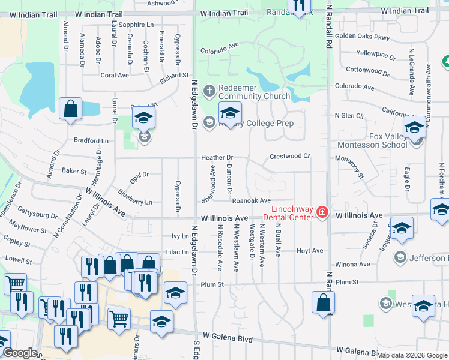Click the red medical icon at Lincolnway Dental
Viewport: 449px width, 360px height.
pos(322,212)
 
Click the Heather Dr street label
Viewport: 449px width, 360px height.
pos(217,157)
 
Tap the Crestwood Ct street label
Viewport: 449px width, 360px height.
pos(289,156)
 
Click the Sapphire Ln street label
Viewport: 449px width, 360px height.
pos(136,25)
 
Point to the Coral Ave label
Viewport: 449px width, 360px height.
pos(115,75)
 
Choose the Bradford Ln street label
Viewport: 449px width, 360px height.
pos(91,140)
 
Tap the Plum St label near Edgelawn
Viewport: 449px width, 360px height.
pos(212,284)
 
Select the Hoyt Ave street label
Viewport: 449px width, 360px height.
pos(310,251)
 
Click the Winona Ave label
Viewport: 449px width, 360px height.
pos(352,264)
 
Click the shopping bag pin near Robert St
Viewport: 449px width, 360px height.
pos(71,110)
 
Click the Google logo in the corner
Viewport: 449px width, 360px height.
pos(19,353)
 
